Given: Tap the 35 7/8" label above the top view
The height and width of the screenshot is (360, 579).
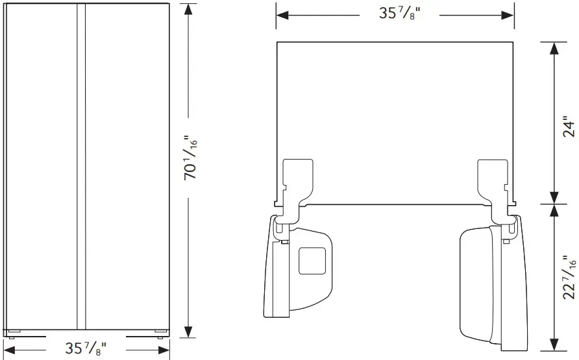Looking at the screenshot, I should (x=395, y=14).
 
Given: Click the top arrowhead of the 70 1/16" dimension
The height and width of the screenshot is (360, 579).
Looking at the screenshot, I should (x=189, y=8).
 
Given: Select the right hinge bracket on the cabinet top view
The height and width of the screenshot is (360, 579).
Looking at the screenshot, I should (x=493, y=182).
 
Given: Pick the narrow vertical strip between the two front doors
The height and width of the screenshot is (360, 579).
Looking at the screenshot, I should (x=81, y=165).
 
